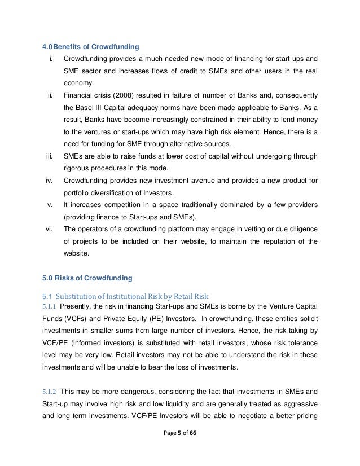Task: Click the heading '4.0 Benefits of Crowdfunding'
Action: (87, 46)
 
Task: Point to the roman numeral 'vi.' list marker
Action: (49, 228)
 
